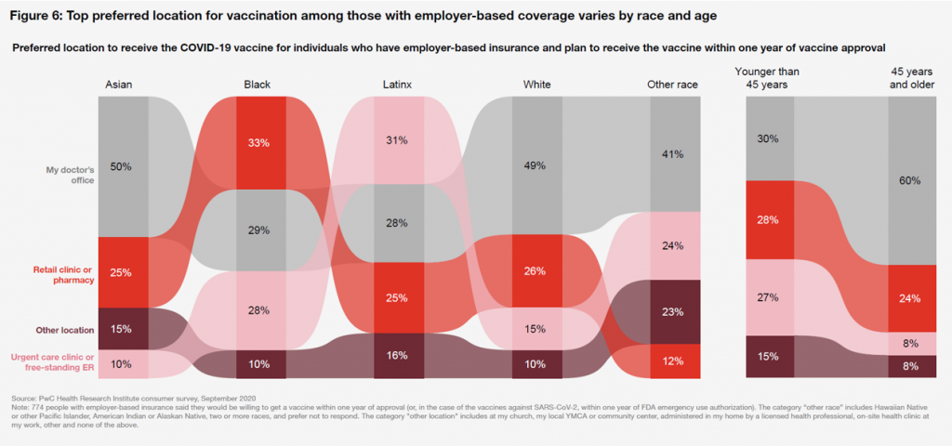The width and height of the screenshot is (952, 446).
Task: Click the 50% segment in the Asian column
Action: pyautogui.click(x=121, y=166)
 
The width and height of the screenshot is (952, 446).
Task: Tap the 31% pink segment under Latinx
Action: pyautogui.click(x=397, y=140)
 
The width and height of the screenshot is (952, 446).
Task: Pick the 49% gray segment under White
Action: pyautogui.click(x=536, y=165)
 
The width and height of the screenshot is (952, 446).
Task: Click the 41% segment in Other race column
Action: pyautogui.click(x=672, y=154)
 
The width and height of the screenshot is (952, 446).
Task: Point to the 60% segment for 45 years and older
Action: pyautogui.click(x=910, y=181)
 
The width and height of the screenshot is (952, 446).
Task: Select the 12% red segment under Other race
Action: pyautogui.click(x=672, y=361)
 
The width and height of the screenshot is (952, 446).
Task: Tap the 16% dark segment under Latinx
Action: pyautogui.click(x=397, y=355)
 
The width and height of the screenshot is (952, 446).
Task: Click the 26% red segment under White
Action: pyautogui.click(x=536, y=271)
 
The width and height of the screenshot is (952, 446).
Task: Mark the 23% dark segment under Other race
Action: pyautogui.click(x=672, y=312)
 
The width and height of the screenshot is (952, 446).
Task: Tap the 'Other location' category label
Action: pyautogui.click(x=64, y=329)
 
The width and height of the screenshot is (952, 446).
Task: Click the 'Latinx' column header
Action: pyautogui.click(x=397, y=85)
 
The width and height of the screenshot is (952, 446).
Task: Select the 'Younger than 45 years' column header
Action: pyautogui.click(x=767, y=78)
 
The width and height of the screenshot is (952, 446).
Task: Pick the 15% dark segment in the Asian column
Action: pyautogui.click(x=121, y=329)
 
